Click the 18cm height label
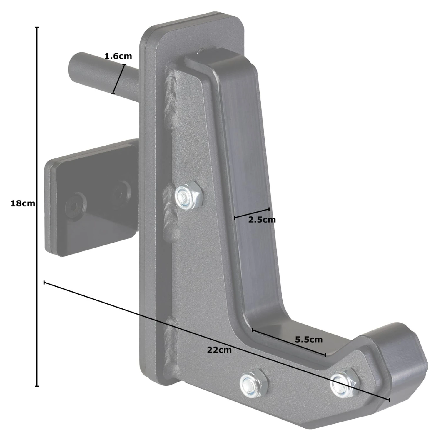tap(23, 203)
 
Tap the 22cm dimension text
tap(219, 350)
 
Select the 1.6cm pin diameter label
tap(118, 56)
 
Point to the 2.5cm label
tap(262, 220)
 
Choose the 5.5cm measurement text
tap(309, 340)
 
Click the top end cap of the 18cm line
tap(37, 27)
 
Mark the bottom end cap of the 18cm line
tap(37, 386)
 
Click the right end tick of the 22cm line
tap(389, 400)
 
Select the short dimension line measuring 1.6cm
tap(118, 79)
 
